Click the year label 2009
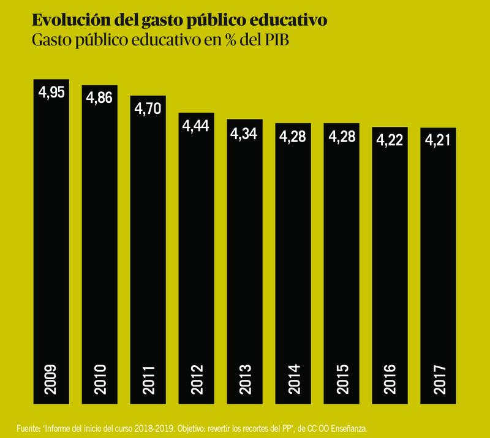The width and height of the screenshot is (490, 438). [x=51, y=380]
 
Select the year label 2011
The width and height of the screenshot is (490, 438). [x=148, y=380]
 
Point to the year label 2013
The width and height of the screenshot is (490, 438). [x=244, y=380]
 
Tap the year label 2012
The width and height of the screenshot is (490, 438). [x=197, y=380]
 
